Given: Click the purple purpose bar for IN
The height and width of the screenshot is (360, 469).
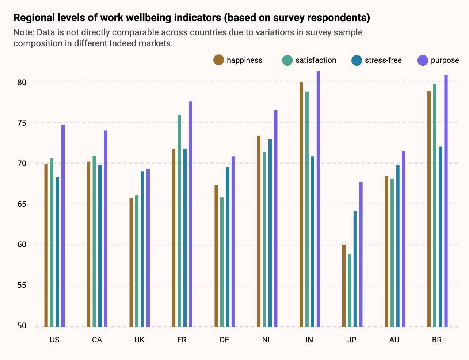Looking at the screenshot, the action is [318, 199].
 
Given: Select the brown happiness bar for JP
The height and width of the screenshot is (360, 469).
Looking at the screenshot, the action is [344, 286].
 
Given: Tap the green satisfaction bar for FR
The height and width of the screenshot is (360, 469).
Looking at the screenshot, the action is [179, 221].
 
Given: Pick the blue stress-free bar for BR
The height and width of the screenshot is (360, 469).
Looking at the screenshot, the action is [440, 237].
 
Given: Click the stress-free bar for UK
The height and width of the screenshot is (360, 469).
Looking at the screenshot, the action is [142, 249].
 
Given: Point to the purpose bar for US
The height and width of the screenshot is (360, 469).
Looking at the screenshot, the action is [63, 226].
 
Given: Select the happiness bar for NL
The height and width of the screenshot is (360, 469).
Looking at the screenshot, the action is [259, 231].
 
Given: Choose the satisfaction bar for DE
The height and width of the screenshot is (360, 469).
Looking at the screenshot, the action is [222, 262].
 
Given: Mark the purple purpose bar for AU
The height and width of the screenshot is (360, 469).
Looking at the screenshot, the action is [403, 239].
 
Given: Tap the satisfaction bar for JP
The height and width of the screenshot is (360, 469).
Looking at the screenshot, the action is [350, 290].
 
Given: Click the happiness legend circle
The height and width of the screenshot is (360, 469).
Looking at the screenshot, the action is [219, 60].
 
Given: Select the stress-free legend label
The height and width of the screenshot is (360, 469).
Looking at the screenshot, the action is [383, 60].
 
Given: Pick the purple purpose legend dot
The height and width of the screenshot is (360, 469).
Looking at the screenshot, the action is [423, 60].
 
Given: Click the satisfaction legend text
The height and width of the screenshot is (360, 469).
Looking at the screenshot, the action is [316, 60].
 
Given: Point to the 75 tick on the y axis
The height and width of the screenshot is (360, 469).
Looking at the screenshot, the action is [22, 123].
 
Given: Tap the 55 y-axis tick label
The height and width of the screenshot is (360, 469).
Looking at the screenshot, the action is [22, 285].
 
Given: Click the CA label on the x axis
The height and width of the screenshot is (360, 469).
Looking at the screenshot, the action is [97, 340].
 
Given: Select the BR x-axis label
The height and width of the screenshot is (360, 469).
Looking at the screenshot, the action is [437, 340].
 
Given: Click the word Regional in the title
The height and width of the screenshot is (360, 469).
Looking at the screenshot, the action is [34, 18].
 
